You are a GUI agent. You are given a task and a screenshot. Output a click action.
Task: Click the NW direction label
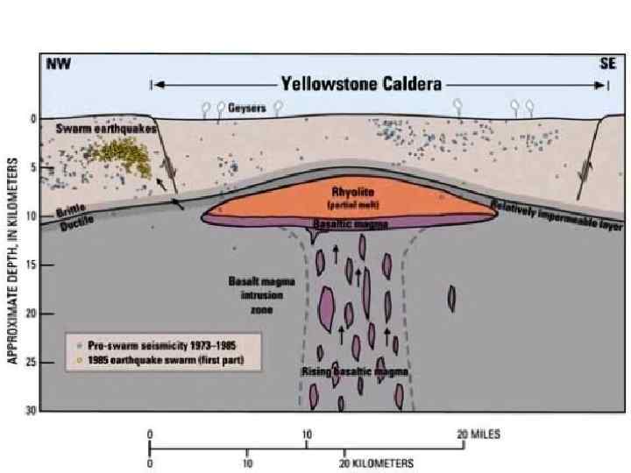[58, 64]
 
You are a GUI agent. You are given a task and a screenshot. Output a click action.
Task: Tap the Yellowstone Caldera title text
[361, 84]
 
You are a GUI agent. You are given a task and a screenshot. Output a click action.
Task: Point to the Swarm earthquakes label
[106, 129]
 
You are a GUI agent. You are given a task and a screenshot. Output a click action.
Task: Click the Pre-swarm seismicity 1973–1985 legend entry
[158, 345]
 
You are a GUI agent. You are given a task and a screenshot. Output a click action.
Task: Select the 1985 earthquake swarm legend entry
[158, 360]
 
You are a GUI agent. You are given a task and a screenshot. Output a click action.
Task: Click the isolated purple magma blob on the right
[452, 299]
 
